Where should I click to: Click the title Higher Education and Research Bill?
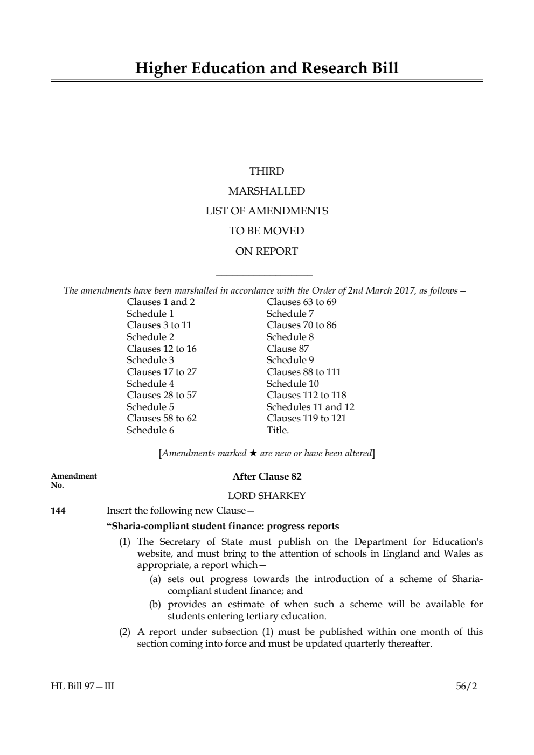(x=267, y=68)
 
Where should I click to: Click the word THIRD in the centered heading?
(x=267, y=171)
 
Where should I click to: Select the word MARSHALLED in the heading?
(x=267, y=191)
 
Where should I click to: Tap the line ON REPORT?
(x=267, y=251)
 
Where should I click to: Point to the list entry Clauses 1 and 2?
(x=161, y=302)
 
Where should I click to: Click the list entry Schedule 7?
(x=290, y=314)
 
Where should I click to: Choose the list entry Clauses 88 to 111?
(x=303, y=372)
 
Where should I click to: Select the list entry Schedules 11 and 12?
(x=310, y=407)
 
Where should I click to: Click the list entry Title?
(x=278, y=430)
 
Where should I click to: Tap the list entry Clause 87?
(x=288, y=349)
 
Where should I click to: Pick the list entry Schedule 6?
(x=150, y=430)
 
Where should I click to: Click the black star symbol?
(x=253, y=453)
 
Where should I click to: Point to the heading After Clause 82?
(x=267, y=476)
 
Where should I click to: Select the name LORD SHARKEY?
(x=267, y=496)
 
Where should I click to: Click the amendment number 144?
(x=58, y=511)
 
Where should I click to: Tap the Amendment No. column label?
(x=74, y=480)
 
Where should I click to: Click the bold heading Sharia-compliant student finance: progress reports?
(x=223, y=526)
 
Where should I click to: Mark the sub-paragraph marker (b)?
(x=155, y=604)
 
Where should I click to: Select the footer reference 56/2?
(x=466, y=687)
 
